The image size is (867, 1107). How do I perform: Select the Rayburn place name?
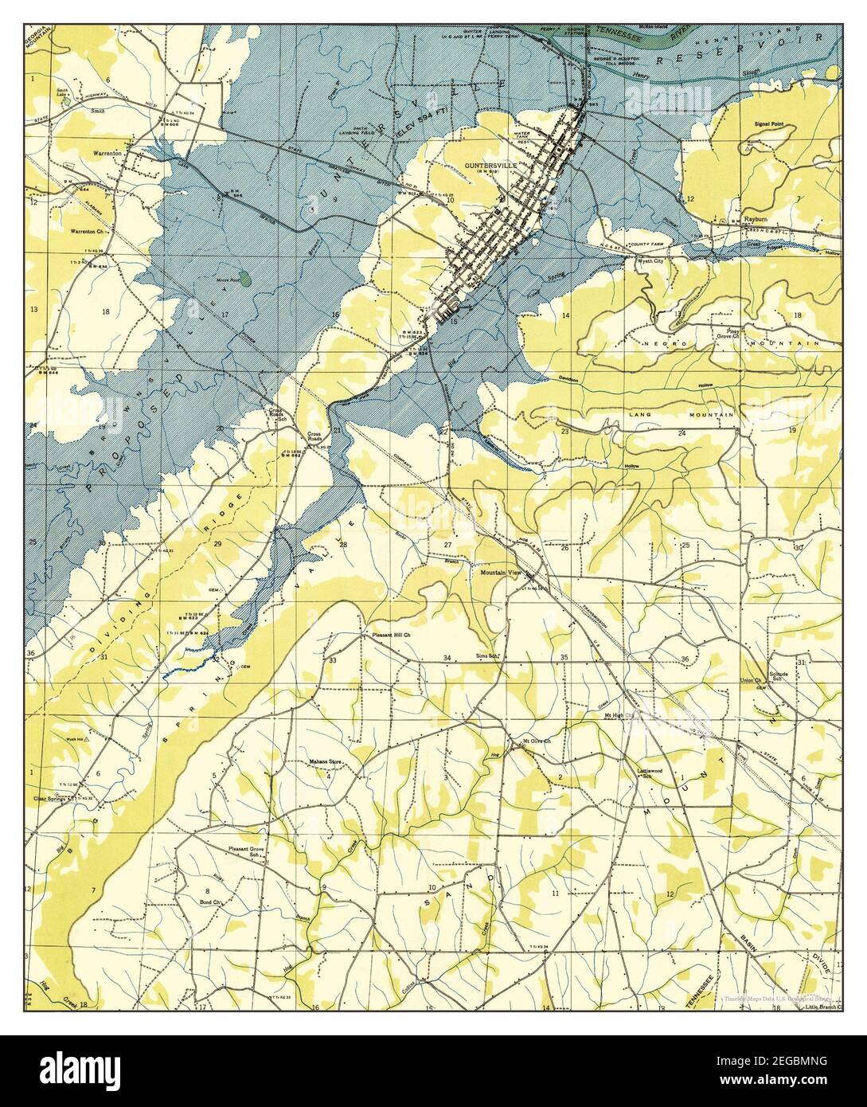coord(756,218)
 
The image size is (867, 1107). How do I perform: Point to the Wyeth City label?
coord(650,260)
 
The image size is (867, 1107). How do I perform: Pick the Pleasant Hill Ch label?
coord(391,635)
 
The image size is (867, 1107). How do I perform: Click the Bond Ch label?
coord(208,902)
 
